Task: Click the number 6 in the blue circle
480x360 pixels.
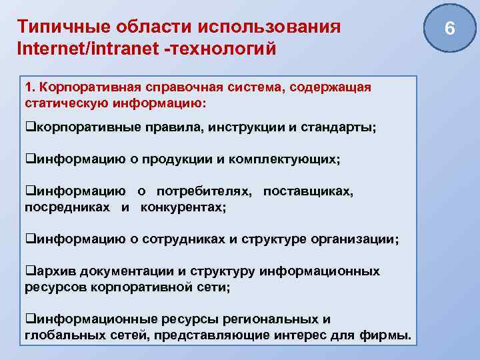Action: [449, 29]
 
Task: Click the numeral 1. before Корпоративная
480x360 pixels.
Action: [29, 88]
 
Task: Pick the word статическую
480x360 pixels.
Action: [59, 104]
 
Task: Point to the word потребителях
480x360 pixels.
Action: [203, 191]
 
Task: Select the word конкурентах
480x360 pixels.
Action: [184, 207]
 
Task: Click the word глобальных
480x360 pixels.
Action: [61, 335]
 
